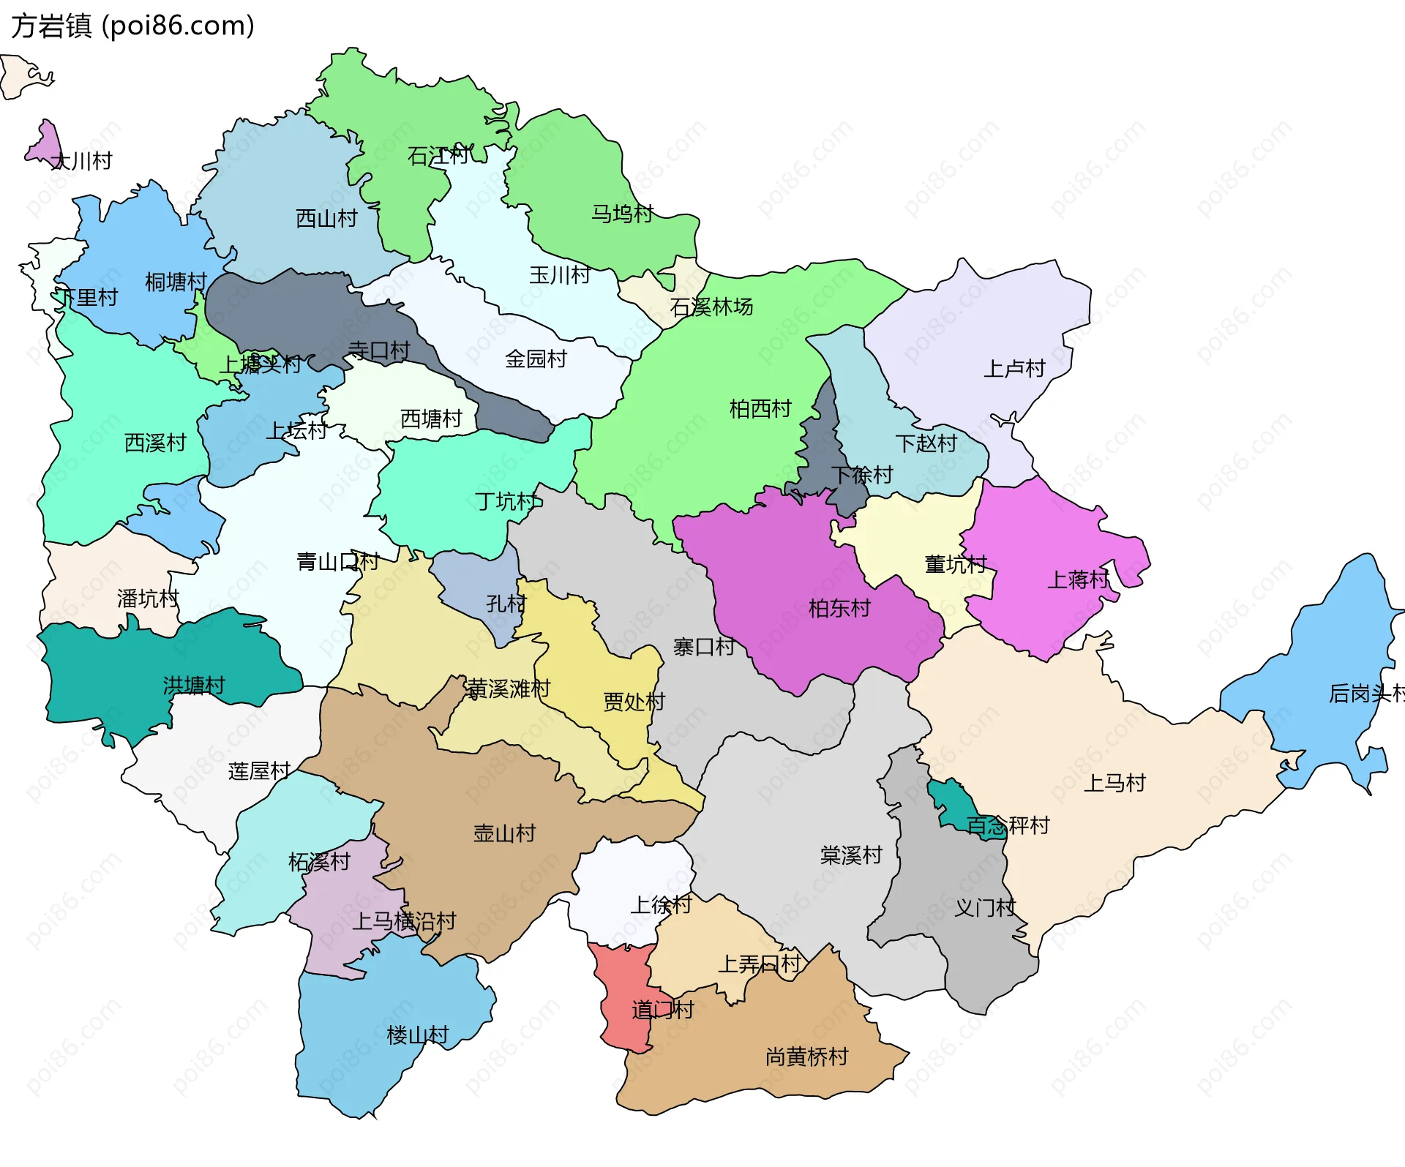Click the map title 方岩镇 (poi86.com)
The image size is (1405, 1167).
tap(132, 26)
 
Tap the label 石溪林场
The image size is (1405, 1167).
tap(711, 307)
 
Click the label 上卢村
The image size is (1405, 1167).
tap(1014, 368)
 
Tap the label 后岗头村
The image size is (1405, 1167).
tap(1365, 692)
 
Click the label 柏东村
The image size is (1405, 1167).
tap(839, 608)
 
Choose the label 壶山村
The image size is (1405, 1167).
tap(504, 833)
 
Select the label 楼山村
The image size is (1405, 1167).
tap(417, 1035)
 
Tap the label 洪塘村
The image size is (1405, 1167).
tap(194, 685)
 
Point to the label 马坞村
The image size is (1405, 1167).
tap(622, 214)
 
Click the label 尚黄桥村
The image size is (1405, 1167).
tap(806, 1056)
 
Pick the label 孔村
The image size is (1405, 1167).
tap(506, 603)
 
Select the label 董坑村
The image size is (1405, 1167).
tap(956, 563)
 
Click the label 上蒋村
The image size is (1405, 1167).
tap(1078, 579)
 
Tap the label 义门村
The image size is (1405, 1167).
tap(985, 907)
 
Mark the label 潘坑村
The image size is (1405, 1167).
tap(148, 598)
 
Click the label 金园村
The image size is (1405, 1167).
tap(536, 359)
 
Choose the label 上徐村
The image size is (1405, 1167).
tap(661, 904)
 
